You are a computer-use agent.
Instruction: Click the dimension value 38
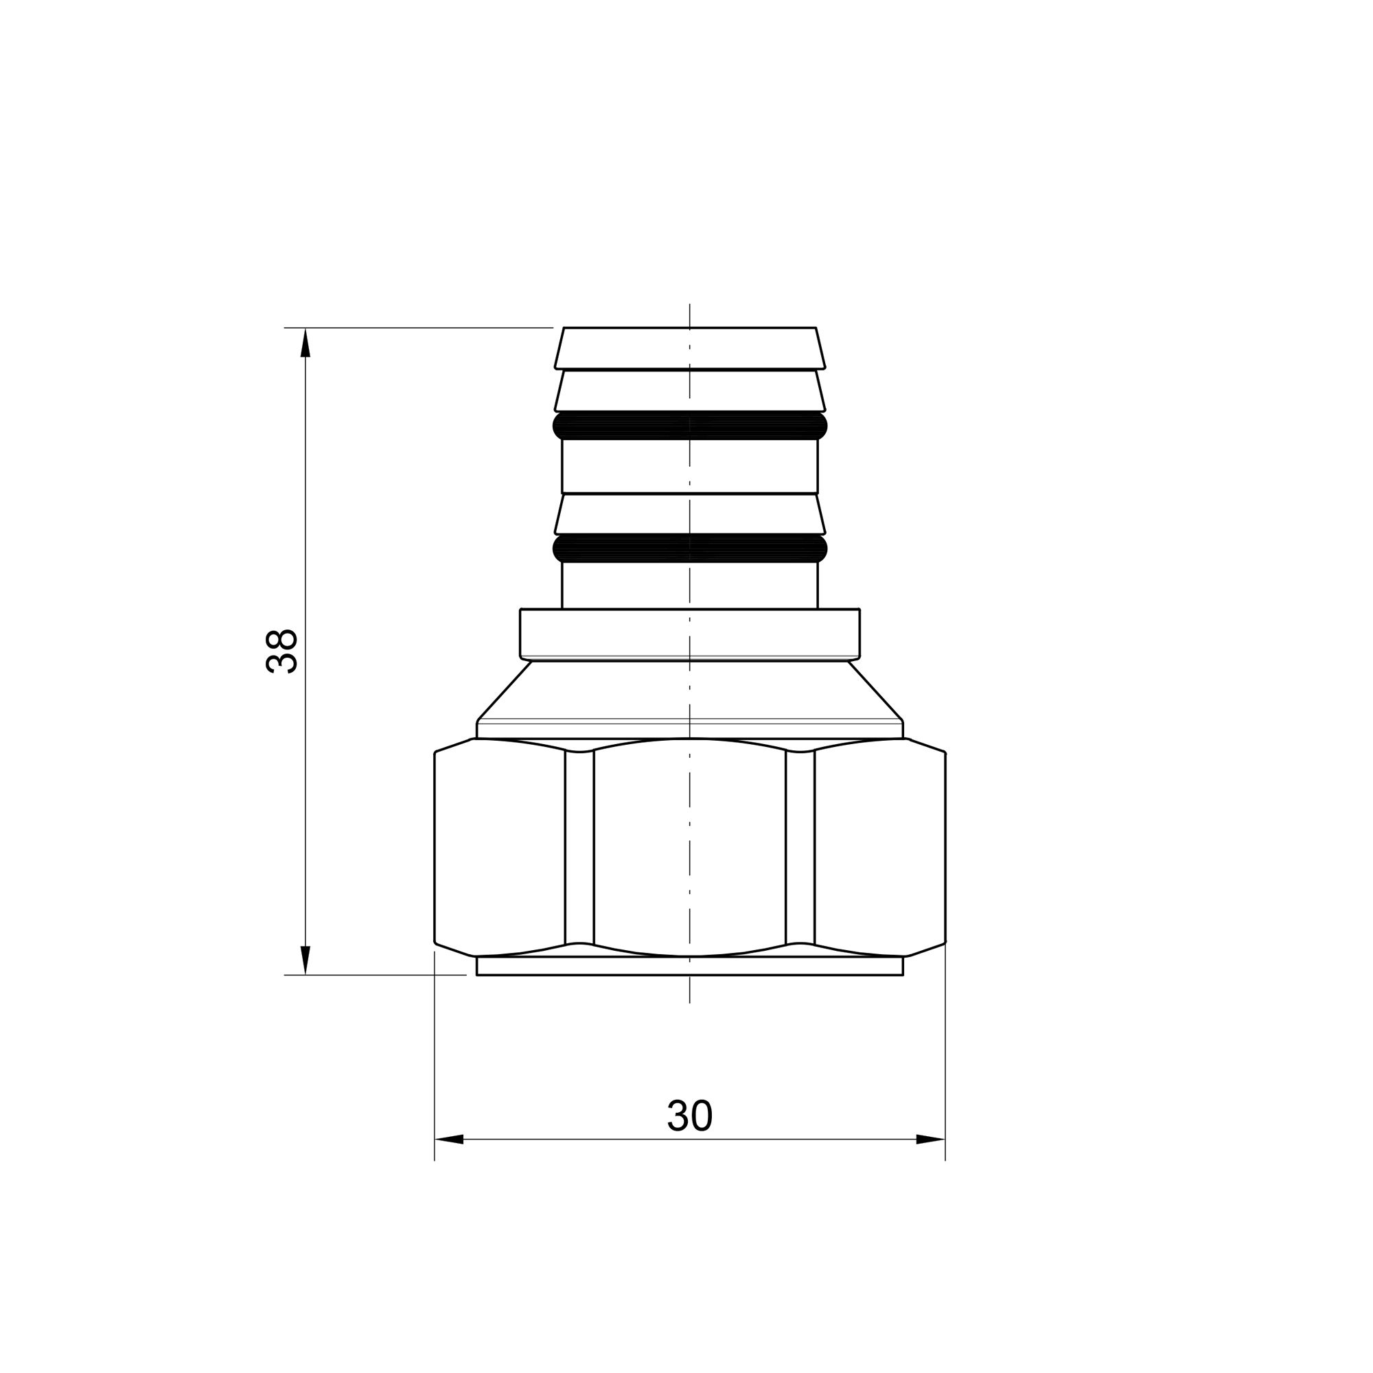point(281,650)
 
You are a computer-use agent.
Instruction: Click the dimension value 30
point(689,1116)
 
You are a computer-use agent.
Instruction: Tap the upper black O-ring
point(689,426)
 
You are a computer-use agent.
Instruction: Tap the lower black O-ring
point(689,548)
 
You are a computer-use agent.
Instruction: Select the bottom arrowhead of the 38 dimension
point(305,960)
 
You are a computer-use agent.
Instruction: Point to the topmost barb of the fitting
point(689,348)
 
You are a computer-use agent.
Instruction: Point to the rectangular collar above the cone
point(689,633)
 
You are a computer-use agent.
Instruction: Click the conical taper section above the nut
point(689,691)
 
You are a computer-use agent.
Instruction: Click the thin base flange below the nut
point(689,966)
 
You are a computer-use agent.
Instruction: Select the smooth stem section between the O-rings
point(689,466)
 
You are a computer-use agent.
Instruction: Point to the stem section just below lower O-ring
point(689,585)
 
